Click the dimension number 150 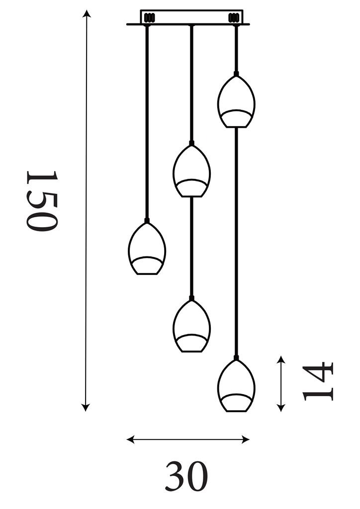pos(42,201)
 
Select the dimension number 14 pos(318,382)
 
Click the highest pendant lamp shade pos(236,102)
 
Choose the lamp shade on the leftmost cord pos(147,249)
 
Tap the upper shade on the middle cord pos(191,171)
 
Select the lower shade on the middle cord pos(191,326)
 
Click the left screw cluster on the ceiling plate pos(149,18)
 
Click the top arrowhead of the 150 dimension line pos(87,13)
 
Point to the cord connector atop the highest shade pos(236,74)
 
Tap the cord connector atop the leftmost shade pos(147,220)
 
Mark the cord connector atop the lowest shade pos(236,358)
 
